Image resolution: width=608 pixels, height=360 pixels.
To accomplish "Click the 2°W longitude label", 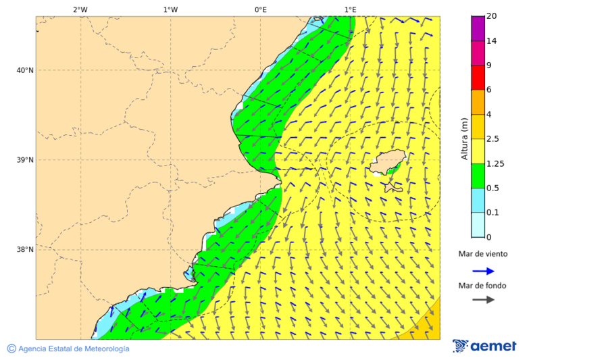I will point(80,9).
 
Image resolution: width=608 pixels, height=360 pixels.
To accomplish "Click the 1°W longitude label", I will point(170,9).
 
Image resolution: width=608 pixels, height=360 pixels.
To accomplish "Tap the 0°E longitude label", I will point(260,9).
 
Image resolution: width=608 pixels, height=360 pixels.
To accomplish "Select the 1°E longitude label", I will point(350,9).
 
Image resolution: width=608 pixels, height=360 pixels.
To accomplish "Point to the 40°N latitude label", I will point(25,70).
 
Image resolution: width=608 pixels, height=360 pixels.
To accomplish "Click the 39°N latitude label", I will point(25,160).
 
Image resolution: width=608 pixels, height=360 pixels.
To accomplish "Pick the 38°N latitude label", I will point(25,250).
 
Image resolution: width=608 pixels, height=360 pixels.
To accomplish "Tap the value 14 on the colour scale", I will point(491,41).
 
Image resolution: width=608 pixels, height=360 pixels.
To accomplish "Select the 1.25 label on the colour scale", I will point(495,163).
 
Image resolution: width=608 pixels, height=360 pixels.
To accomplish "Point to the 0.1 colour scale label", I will point(492,213).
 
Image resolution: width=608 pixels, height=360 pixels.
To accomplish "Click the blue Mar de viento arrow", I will point(483,271).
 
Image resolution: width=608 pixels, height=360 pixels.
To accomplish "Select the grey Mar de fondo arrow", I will point(483,300).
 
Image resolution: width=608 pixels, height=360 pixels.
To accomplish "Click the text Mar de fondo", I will point(482,286).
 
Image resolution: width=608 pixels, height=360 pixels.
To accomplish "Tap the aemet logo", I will point(484,346).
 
